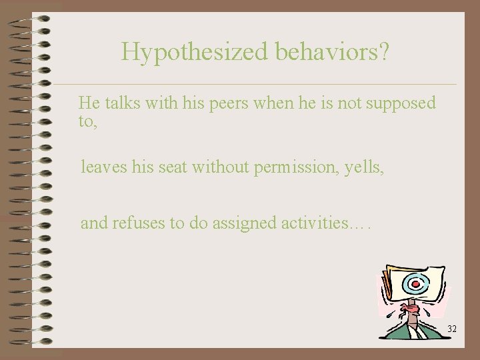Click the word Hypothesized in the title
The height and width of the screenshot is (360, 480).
point(175,52)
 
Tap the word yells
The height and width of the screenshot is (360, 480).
point(364,168)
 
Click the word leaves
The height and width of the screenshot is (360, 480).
point(102,168)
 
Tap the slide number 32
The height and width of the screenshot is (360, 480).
point(452,329)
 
